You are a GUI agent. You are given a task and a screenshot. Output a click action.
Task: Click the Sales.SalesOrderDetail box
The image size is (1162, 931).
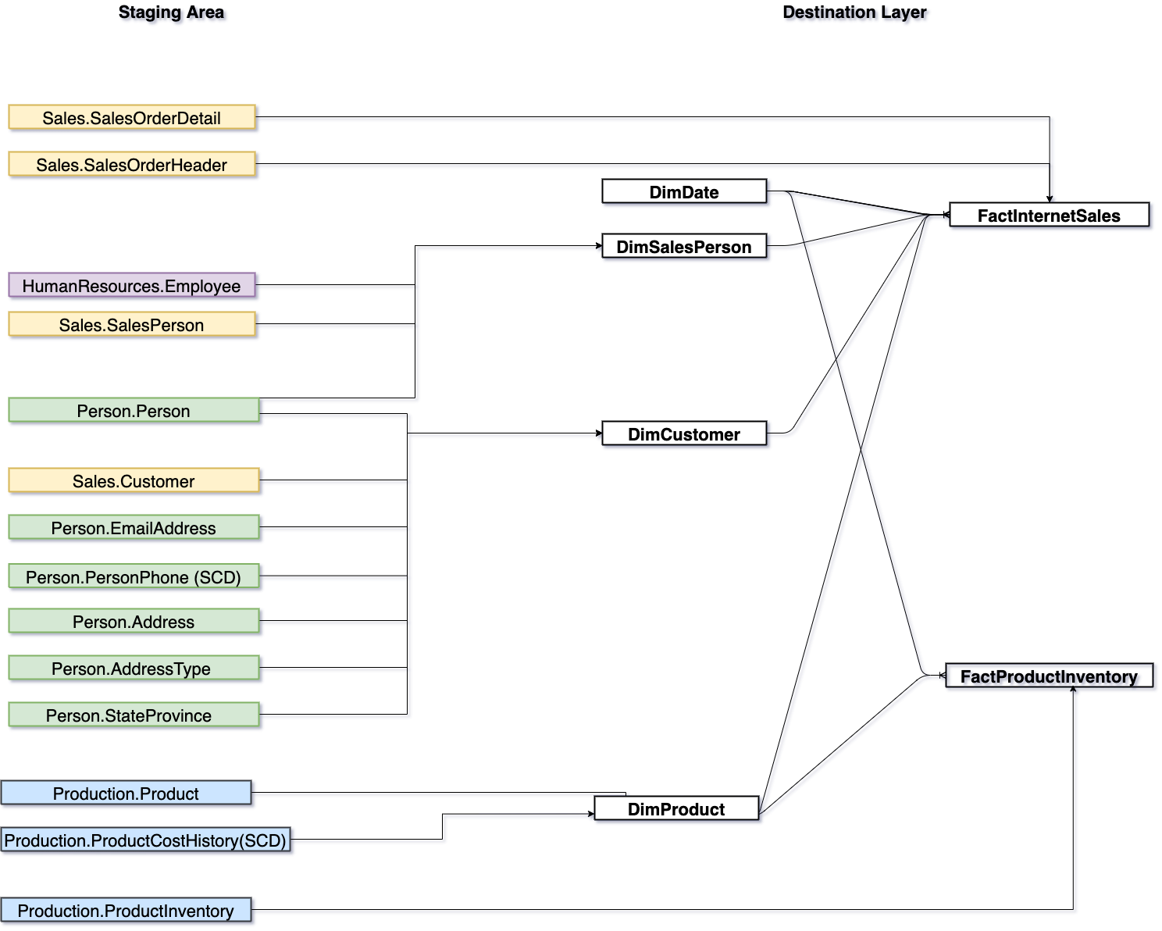(132, 117)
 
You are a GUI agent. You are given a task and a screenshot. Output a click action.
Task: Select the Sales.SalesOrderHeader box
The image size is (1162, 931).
(132, 164)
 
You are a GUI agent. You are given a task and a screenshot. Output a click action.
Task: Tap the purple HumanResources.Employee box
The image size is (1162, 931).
(132, 285)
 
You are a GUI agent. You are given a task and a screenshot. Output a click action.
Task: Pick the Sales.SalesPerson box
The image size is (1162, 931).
(132, 324)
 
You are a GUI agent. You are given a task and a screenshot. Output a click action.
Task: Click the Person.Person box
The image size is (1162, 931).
(134, 410)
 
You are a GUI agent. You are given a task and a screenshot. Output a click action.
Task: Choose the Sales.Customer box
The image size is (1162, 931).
(134, 480)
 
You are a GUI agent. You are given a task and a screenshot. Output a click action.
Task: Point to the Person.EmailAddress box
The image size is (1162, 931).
(134, 527)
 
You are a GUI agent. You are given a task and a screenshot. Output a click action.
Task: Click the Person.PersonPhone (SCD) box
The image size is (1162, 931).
(134, 576)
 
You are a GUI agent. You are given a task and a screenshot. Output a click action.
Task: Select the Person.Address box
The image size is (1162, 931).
(134, 621)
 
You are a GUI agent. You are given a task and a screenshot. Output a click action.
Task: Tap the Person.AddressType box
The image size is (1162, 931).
(134, 668)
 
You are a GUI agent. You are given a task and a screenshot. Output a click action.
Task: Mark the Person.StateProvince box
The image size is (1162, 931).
(134, 715)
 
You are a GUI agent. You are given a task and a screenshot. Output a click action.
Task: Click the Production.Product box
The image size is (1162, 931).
(126, 793)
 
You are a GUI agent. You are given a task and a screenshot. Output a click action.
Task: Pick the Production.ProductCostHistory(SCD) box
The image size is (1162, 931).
(145, 840)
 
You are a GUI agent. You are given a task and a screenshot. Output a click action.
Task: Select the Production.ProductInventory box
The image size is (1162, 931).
(126, 910)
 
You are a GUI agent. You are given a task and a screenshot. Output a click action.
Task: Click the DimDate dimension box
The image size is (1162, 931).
(684, 191)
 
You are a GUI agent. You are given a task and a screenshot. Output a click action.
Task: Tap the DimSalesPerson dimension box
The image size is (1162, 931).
(684, 246)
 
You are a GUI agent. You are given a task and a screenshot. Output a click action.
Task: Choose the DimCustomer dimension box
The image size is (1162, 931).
(684, 433)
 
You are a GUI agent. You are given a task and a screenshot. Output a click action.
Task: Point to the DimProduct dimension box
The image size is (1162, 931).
(676, 808)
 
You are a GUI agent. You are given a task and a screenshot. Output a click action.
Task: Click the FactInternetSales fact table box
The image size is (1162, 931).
(1049, 215)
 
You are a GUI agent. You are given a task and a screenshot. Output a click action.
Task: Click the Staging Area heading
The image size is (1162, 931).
(171, 12)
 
